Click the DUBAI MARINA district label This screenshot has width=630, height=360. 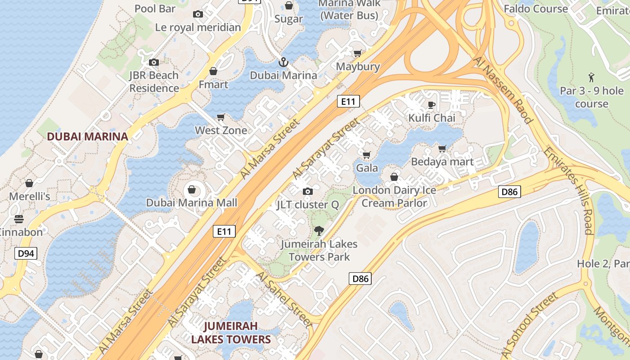click(88, 136)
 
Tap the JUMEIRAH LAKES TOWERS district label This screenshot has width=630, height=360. click(231, 333)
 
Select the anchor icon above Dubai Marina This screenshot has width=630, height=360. click(283, 62)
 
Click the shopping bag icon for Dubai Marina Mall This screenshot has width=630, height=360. click(192, 189)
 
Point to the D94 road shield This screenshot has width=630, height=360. click(26, 253)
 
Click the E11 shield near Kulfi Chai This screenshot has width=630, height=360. click(348, 101)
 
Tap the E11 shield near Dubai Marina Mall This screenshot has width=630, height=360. click(224, 231)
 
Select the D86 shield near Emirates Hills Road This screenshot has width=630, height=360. click(509, 192)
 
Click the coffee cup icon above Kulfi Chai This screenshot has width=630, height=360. click(431, 105)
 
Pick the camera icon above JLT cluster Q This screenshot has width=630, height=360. click(308, 192)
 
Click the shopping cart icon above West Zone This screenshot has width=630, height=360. click(221, 117)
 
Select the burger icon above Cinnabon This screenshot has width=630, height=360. click(19, 219)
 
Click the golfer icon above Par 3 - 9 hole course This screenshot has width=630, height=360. click(591, 77)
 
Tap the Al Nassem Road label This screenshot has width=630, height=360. click(503, 90)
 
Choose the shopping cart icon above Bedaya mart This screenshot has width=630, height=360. click(442, 148)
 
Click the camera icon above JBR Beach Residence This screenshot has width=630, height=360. click(154, 62)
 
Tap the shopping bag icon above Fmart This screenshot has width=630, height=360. click(213, 71)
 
